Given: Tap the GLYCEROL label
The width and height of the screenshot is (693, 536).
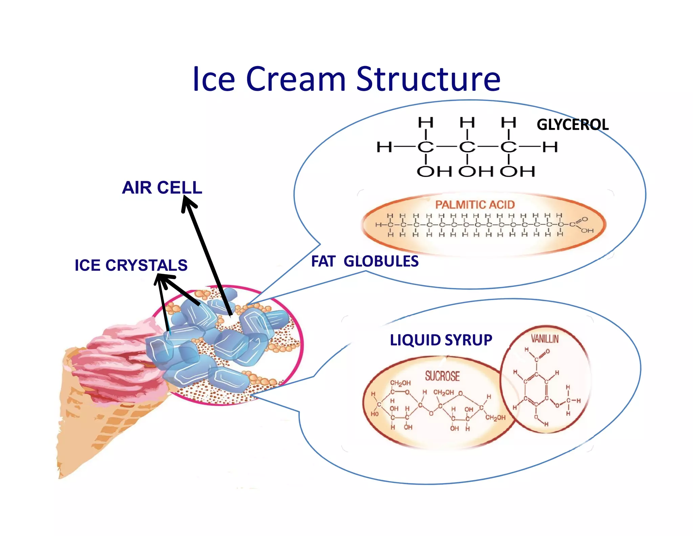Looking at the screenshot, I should (573, 125).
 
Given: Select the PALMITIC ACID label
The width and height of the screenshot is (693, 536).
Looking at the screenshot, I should (475, 205).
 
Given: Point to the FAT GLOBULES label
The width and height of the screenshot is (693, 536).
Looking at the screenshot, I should (365, 262).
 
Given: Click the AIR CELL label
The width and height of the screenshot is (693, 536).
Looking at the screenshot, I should (162, 187).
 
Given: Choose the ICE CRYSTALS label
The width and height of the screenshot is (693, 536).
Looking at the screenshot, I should (131, 265).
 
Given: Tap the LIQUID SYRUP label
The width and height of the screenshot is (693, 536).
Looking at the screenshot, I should (441, 340).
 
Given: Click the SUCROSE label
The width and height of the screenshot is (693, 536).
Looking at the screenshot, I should (442, 376).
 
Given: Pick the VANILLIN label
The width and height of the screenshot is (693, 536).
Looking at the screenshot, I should (544, 339).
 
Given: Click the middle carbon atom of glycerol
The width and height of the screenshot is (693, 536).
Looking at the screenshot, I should (467, 147).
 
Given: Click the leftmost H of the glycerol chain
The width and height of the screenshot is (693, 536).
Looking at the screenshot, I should (384, 147).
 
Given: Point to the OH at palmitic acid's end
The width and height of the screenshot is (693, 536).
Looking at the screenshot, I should (587, 231).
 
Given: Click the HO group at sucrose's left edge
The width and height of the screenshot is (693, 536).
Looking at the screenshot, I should (375, 414).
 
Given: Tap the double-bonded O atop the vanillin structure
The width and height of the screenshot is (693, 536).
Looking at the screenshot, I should (547, 351).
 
